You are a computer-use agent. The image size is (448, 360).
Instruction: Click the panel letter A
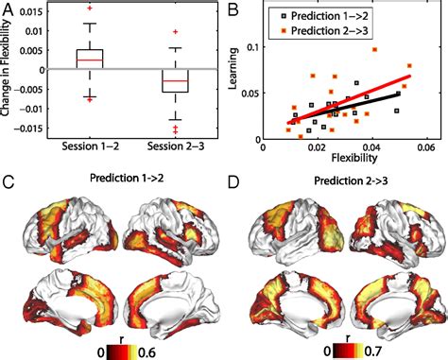(x=9, y=9)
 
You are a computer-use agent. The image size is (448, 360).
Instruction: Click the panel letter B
(x=231, y=9)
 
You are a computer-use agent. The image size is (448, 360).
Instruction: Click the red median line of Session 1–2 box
(x=89, y=60)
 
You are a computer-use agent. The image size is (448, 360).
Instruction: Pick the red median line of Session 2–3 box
(x=175, y=81)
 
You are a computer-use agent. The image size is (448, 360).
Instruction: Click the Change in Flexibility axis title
(x=9, y=71)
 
